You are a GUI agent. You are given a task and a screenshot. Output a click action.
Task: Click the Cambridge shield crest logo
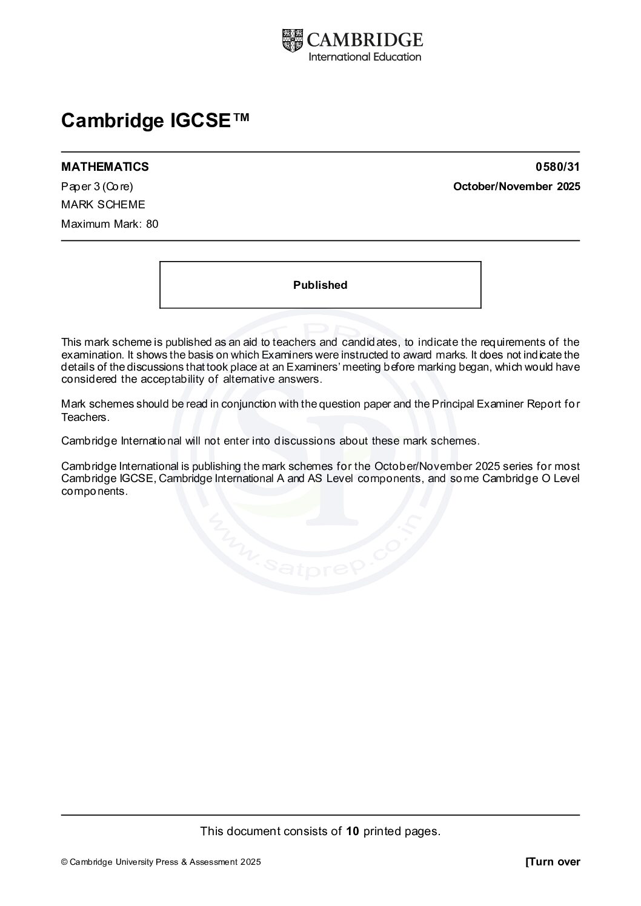click(x=292, y=41)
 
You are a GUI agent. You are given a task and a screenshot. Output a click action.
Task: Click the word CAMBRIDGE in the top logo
click(x=365, y=40)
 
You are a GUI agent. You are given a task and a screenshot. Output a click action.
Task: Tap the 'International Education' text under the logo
click(x=365, y=57)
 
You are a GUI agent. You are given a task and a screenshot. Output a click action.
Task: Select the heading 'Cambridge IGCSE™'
click(x=154, y=121)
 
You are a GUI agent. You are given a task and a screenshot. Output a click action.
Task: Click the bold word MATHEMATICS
click(x=105, y=167)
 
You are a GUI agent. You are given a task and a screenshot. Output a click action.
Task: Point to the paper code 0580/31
click(x=557, y=167)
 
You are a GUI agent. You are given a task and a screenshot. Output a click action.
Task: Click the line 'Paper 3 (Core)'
click(x=97, y=187)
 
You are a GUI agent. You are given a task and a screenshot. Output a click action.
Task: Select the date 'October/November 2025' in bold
click(x=516, y=187)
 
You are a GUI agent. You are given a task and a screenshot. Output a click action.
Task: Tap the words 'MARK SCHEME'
click(x=103, y=205)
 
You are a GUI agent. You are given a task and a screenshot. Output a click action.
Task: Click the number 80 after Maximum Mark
click(x=152, y=224)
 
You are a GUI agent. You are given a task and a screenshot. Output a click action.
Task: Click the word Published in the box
click(x=320, y=285)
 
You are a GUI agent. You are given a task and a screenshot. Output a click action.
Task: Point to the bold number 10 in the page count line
click(x=353, y=831)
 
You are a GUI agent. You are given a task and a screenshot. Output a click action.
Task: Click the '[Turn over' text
click(x=553, y=862)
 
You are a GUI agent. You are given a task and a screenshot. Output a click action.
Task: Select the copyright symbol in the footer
click(x=64, y=862)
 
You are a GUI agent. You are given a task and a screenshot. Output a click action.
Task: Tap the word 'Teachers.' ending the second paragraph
click(x=85, y=417)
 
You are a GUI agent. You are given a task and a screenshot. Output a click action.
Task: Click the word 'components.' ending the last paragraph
click(x=95, y=491)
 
